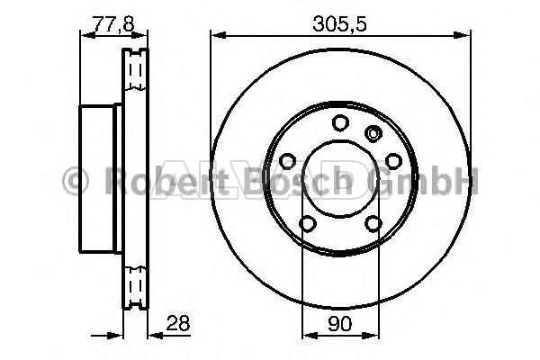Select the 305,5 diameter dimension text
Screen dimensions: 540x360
[x=339, y=23]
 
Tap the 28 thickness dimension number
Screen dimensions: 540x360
[x=178, y=323]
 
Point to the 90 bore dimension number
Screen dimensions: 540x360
[x=340, y=323]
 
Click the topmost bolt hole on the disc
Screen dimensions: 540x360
[x=340, y=123]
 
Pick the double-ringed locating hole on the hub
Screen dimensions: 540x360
[x=373, y=133]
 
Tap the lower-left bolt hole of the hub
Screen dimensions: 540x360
[x=308, y=223]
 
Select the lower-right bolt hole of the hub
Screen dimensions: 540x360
[x=373, y=223]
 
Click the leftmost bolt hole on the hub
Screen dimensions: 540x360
[x=288, y=161]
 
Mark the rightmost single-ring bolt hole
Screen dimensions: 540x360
[x=393, y=161]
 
